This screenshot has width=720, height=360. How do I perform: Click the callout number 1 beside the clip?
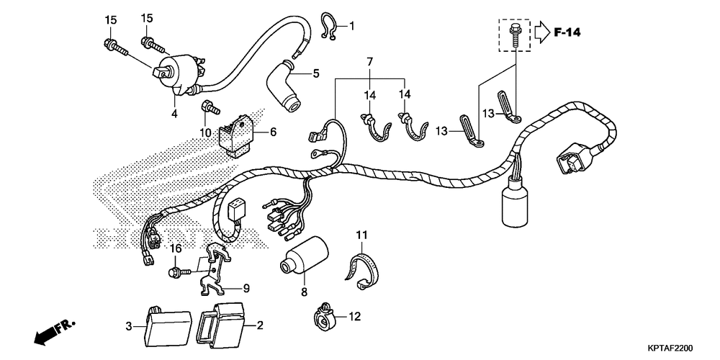click(352, 27)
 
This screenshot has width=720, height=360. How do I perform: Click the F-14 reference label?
click(567, 32)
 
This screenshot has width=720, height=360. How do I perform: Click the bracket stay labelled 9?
click(215, 271)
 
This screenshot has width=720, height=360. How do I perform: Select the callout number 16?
click(175, 248)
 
